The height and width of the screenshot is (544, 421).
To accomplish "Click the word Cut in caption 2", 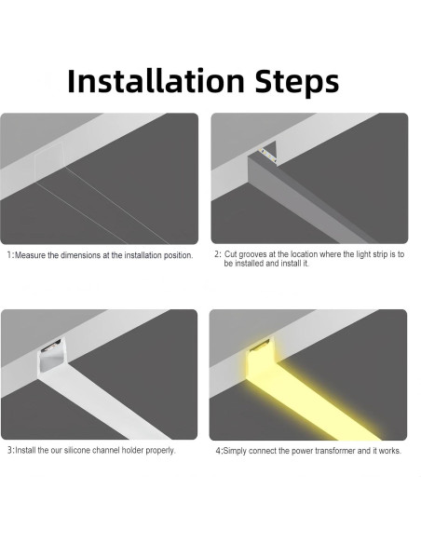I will click(x=231, y=254).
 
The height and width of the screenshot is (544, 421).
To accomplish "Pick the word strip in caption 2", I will click(x=376, y=254).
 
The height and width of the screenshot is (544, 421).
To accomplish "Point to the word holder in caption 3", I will click(x=145, y=450).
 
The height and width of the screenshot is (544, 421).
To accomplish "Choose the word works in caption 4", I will click(x=390, y=451).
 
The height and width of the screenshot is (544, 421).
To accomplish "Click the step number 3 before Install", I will click(x=9, y=450).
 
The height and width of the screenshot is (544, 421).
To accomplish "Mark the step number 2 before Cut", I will click(x=216, y=254).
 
